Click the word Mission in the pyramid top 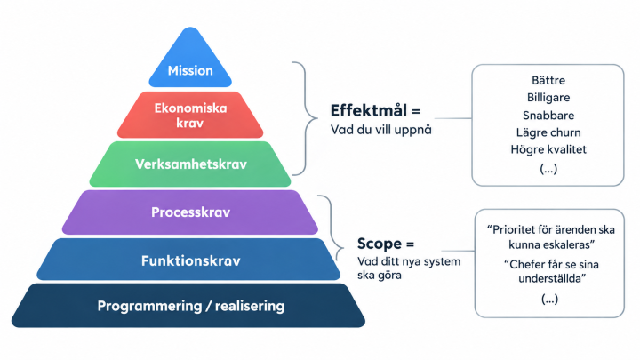pyautogui.click(x=190, y=70)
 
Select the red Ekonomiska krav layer pyautogui.click(x=190, y=115)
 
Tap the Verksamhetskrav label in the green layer pyautogui.click(x=190, y=164)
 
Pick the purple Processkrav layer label pyautogui.click(x=190, y=212)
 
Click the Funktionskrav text pyautogui.click(x=190, y=260)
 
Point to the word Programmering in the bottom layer pyautogui.click(x=149, y=306)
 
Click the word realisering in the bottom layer pyautogui.click(x=250, y=306)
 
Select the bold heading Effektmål pyautogui.click(x=369, y=110)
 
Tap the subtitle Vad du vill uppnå pyautogui.click(x=380, y=130)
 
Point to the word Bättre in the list pyautogui.click(x=548, y=80)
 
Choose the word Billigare pyautogui.click(x=548, y=98)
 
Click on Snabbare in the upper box pyautogui.click(x=548, y=116)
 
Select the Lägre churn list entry pyautogui.click(x=548, y=132)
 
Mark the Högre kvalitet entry pyautogui.click(x=548, y=150)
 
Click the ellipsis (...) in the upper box pyautogui.click(x=548, y=169)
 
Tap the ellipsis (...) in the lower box pyautogui.click(x=549, y=300)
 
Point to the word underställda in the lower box pyautogui.click(x=552, y=279)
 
